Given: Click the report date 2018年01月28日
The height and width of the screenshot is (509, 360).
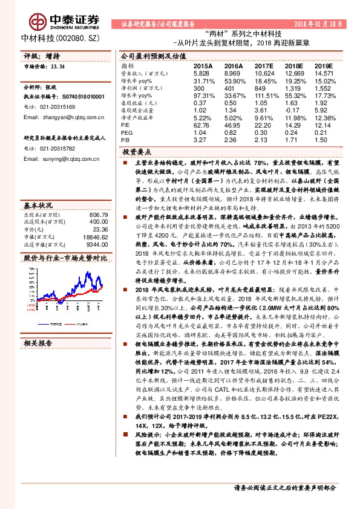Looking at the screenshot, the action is coord(323,24).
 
